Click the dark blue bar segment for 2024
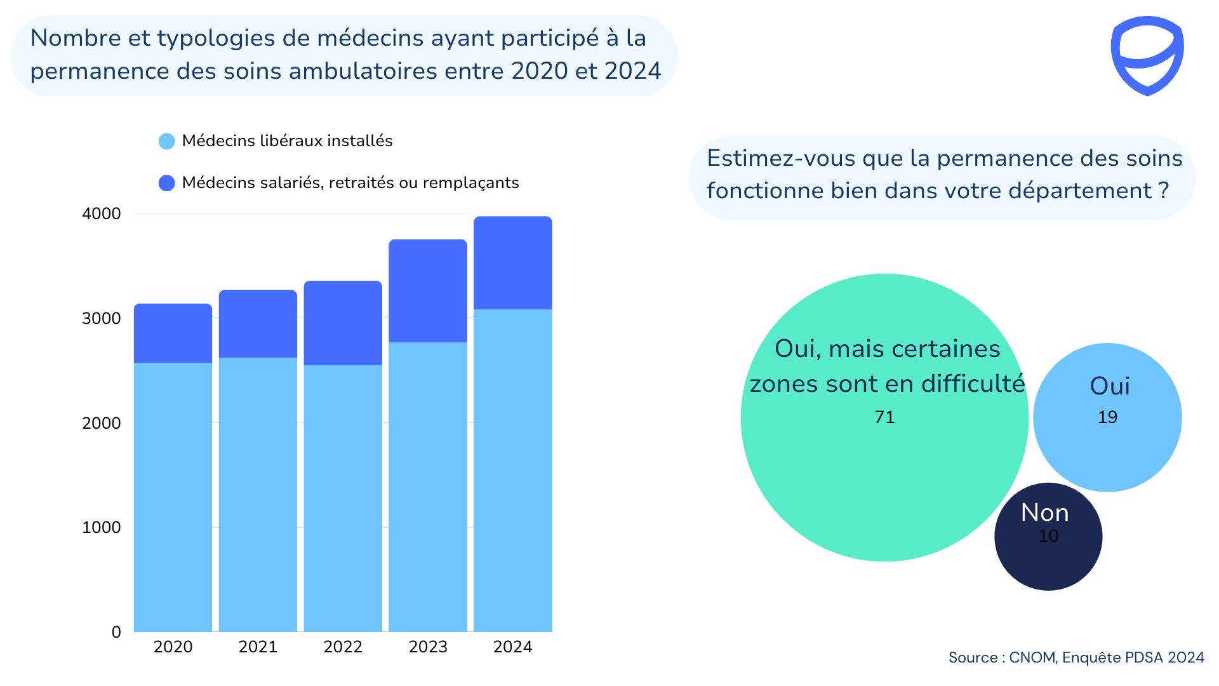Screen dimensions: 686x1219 tap(512, 263)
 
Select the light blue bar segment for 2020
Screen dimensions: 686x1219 tap(173, 497)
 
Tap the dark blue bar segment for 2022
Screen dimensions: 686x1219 tap(343, 323)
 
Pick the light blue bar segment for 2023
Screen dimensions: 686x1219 tap(428, 487)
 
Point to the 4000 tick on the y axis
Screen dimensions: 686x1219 tap(101, 213)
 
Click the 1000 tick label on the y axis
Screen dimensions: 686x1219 tap(101, 527)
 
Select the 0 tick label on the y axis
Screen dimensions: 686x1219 tap(116, 632)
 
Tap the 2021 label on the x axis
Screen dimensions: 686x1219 tap(258, 647)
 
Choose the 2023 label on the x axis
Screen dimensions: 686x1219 tap(428, 647)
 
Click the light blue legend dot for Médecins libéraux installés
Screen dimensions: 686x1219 tap(166, 141)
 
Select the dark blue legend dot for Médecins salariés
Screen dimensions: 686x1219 tap(166, 183)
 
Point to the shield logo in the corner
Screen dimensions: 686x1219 tap(1147, 56)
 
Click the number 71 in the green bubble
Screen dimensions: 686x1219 tap(884, 417)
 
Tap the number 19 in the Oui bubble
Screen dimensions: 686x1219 tap(1107, 417)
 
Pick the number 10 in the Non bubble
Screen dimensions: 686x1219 tap(1048, 536)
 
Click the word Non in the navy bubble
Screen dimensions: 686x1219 tap(1044, 513)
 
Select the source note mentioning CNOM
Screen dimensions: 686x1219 tap(1076, 657)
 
